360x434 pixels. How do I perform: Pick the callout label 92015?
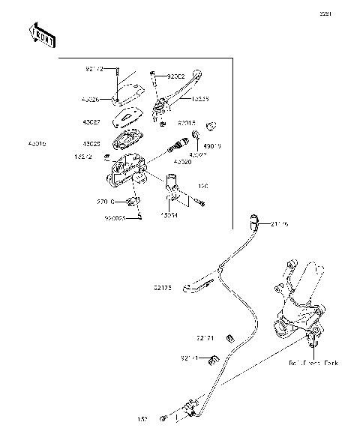(187, 121)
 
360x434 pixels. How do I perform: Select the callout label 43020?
(182, 160)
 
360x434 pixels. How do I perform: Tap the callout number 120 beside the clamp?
(202, 185)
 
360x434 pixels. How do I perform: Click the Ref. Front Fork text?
(313, 362)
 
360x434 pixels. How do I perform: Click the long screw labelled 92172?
(118, 80)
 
